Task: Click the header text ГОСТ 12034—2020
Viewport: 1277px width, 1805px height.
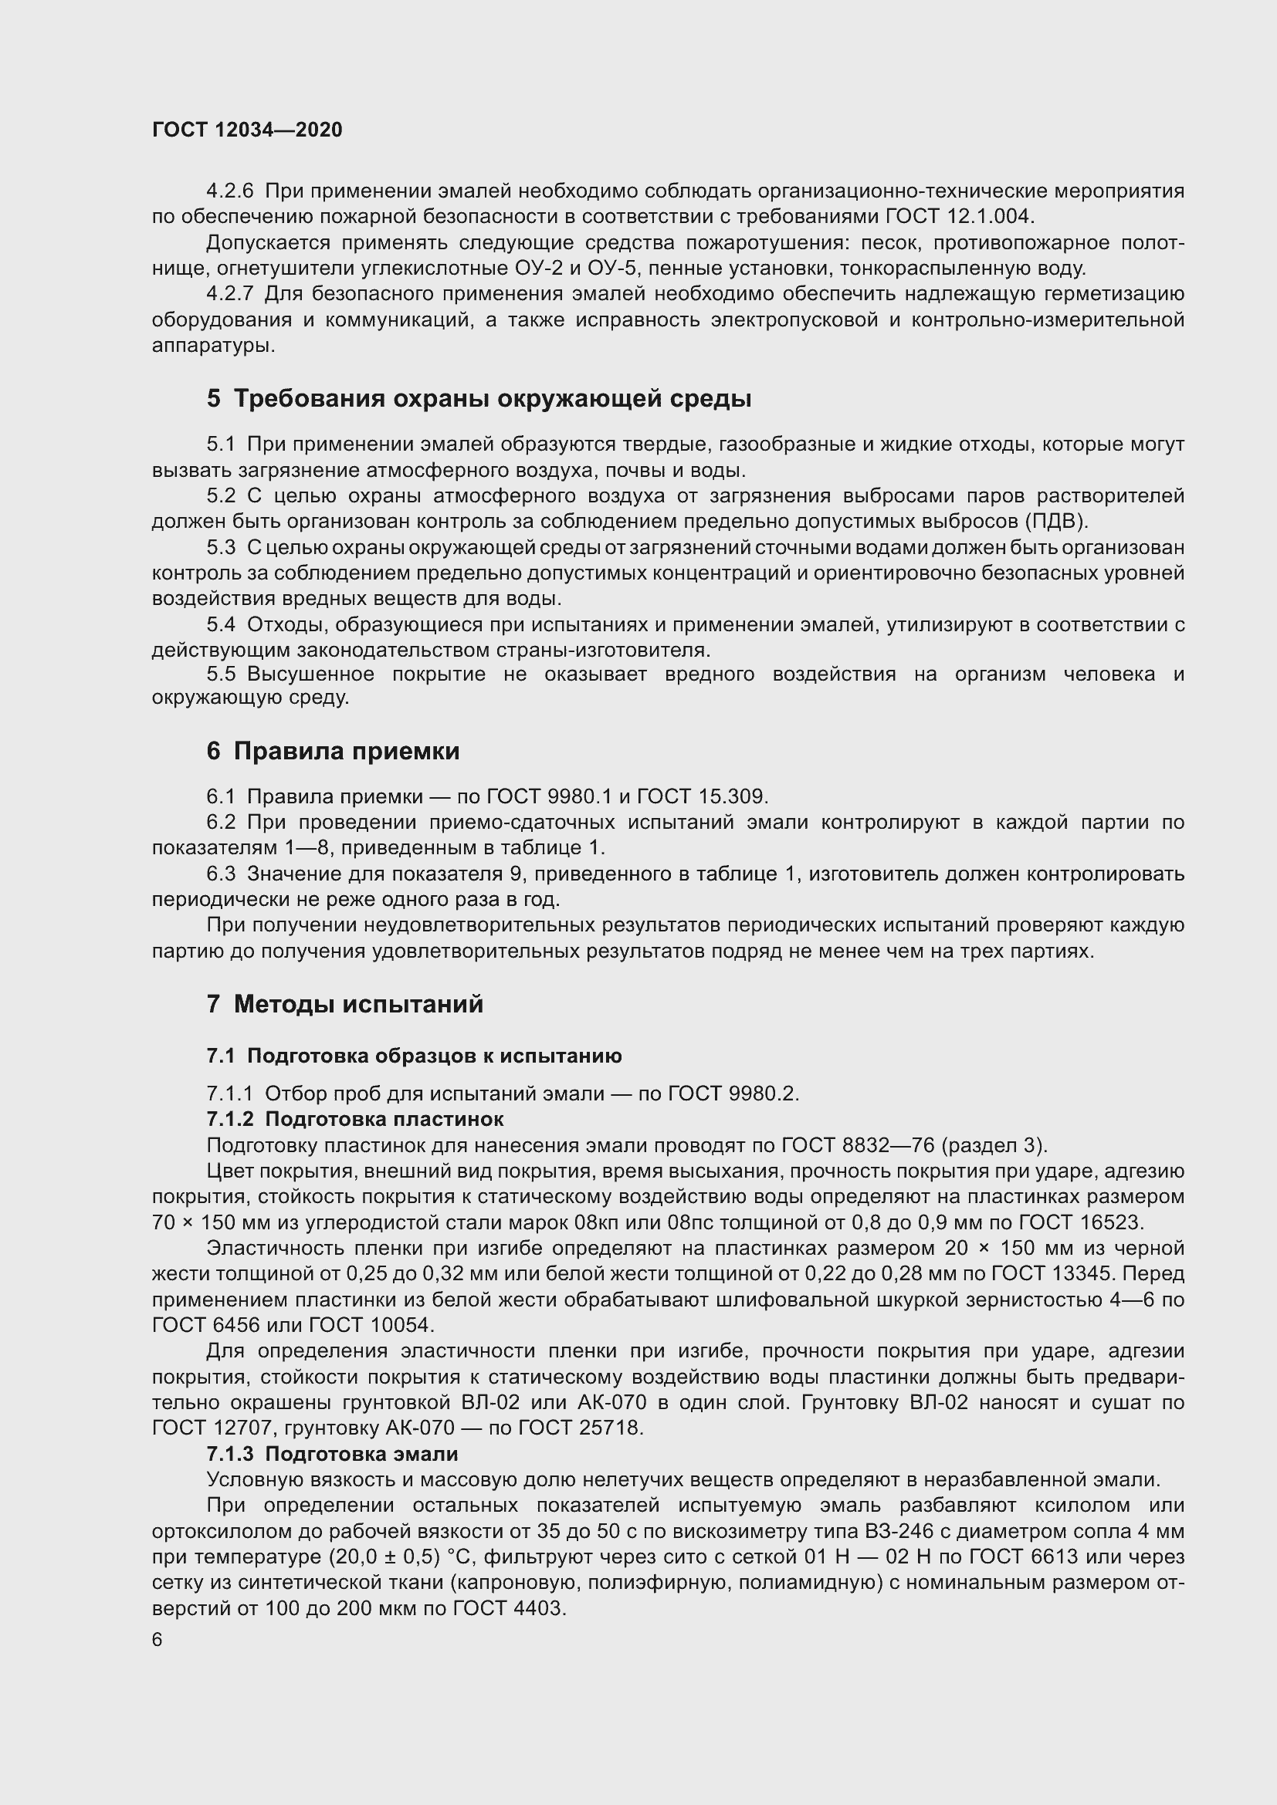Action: [x=247, y=130]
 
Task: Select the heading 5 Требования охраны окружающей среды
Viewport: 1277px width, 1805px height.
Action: [x=479, y=398]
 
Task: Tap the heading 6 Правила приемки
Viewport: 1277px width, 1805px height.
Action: [x=333, y=751]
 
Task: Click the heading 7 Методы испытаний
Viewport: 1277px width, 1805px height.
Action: [x=344, y=1004]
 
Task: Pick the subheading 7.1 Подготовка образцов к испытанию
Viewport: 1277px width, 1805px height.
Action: [x=414, y=1056]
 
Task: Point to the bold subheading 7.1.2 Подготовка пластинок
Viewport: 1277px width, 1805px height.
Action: [x=354, y=1119]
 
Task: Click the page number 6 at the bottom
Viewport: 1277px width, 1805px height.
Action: [x=158, y=1640]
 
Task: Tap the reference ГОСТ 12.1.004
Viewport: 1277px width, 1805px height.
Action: [x=960, y=216]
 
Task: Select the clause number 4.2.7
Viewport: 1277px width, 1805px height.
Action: [x=229, y=294]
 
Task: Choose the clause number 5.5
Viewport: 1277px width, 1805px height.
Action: [x=220, y=674]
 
